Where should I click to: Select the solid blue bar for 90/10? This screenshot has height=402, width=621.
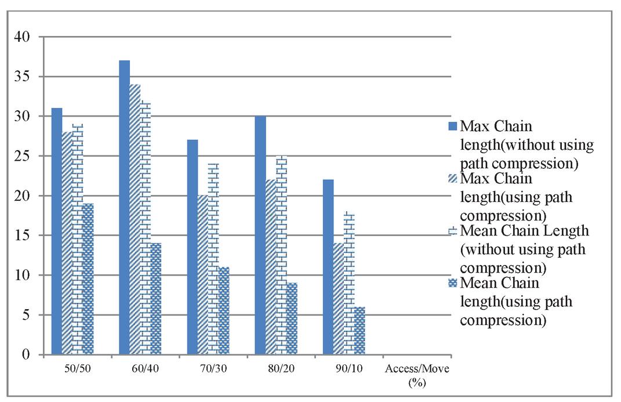coord(328,267)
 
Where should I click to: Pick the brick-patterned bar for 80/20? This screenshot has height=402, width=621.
coord(281,255)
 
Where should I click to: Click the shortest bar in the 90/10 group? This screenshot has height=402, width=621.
coord(359,330)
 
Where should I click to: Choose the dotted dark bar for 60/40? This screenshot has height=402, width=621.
coord(156,298)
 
